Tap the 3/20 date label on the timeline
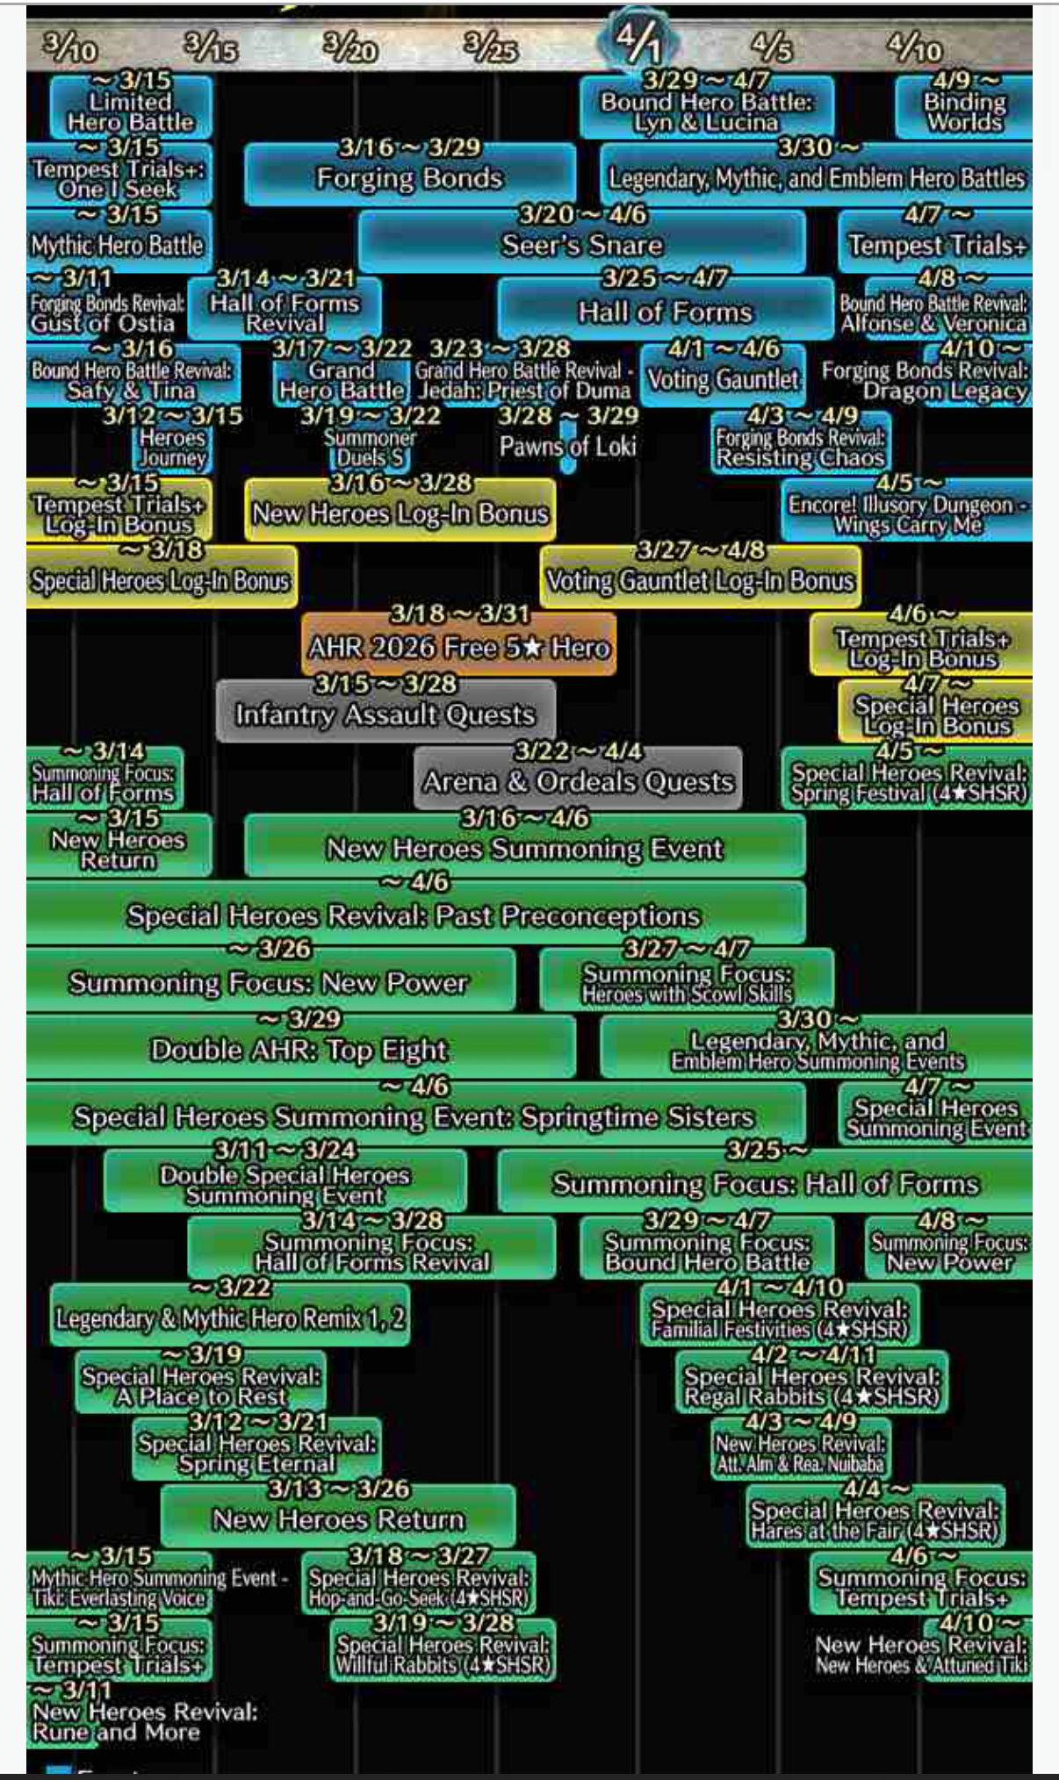point(349,47)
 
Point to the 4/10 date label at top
point(914,47)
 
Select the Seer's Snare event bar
point(581,245)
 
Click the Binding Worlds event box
point(964,111)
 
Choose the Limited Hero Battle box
point(131,111)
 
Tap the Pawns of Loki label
point(567,446)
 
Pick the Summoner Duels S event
point(370,448)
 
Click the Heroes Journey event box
point(172,448)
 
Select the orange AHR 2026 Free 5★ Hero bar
point(458,648)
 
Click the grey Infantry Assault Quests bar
point(385,714)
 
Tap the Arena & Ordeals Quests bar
point(578,781)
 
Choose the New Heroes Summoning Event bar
point(525,849)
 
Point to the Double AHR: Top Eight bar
point(299,1050)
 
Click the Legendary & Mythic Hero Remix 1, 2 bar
point(230,1317)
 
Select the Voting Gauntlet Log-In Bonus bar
point(700,580)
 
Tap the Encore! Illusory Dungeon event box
point(907,515)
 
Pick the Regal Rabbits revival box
point(811,1386)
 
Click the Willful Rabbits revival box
point(443,1654)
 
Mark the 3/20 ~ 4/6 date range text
point(582,214)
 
